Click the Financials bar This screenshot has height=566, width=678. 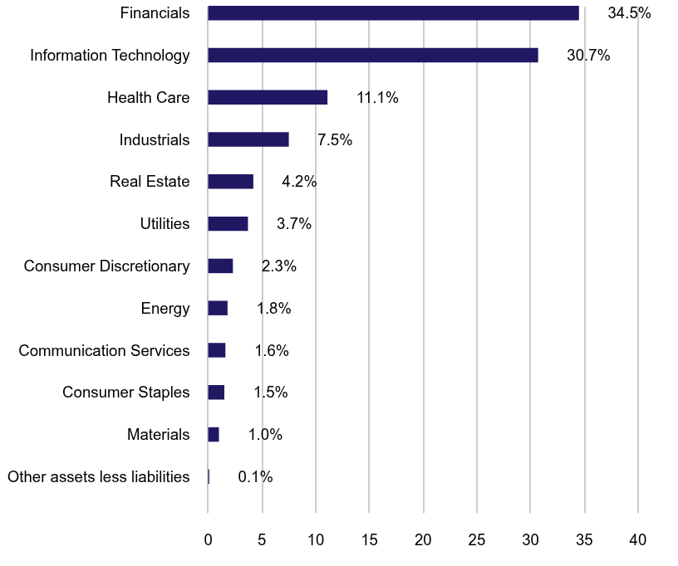tap(393, 12)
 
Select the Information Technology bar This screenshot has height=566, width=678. tap(373, 55)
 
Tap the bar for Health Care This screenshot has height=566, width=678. tap(268, 97)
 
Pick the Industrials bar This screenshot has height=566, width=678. tap(248, 139)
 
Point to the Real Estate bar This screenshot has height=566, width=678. tap(230, 181)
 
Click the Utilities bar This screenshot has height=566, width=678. tap(228, 223)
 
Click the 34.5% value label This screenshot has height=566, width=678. tap(629, 13)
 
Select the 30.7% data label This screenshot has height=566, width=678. tap(588, 56)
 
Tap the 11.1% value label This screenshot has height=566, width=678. tap(377, 98)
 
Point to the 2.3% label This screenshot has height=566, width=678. tap(278, 266)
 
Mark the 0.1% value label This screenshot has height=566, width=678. tap(255, 477)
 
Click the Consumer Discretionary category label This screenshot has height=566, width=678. tap(106, 266)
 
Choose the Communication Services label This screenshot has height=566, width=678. tap(104, 351)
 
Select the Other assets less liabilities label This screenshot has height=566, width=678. tap(98, 477)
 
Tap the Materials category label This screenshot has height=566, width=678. tap(158, 435)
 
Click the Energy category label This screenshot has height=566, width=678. tap(165, 309)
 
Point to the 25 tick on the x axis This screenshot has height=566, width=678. tap(477, 540)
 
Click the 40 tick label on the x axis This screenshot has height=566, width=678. tap(637, 540)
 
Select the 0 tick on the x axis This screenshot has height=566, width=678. tap(209, 540)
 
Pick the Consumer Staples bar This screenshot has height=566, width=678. tap(216, 393)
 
